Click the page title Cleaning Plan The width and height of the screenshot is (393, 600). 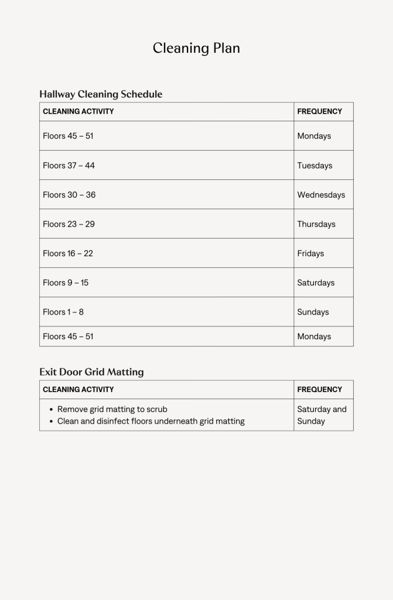(196, 48)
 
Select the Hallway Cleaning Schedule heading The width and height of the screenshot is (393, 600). (101, 94)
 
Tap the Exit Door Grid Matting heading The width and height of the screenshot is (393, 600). (91, 371)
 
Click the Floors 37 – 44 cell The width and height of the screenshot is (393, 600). (69, 165)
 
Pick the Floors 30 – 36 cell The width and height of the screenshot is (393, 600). (69, 195)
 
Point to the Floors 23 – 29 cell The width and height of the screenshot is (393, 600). (69, 224)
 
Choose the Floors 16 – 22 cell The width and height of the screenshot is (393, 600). (68, 253)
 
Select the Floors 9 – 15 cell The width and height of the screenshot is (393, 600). (66, 282)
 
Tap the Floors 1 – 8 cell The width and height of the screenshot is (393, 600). (63, 312)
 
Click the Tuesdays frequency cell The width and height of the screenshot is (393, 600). (315, 165)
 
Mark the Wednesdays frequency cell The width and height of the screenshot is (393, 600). (321, 195)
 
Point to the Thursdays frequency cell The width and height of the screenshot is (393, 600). (316, 224)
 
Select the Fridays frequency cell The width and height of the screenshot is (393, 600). (310, 253)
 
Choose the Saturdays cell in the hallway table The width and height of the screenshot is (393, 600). (316, 282)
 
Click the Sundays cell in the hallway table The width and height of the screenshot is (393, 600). (313, 312)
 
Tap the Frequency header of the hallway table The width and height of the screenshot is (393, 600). (319, 111)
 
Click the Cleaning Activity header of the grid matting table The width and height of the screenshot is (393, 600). (78, 389)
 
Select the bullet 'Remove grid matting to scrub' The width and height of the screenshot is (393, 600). (112, 409)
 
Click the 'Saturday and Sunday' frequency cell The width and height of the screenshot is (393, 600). (322, 415)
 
